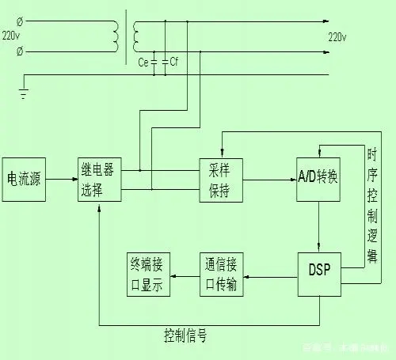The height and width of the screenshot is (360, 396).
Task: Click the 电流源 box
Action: click(x=24, y=179)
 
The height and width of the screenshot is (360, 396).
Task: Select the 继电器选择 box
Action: click(x=99, y=180)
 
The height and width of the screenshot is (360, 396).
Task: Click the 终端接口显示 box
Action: click(x=148, y=275)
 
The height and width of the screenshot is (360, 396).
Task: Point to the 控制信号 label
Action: click(x=185, y=335)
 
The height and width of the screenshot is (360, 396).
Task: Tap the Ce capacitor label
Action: click(x=143, y=61)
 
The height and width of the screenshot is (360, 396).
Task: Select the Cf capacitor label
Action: click(x=174, y=61)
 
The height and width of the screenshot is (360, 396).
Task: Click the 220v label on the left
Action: click(x=11, y=36)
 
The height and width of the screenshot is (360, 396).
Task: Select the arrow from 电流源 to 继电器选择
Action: click(x=62, y=180)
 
